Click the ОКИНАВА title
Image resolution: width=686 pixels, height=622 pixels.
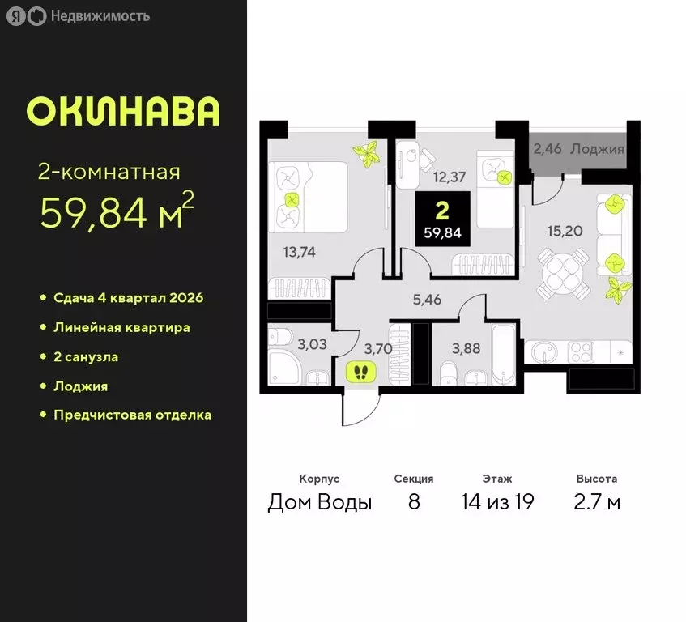pos(123,112)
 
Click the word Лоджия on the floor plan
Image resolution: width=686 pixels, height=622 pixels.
pos(597,149)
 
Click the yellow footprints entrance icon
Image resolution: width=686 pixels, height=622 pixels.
pos(362,372)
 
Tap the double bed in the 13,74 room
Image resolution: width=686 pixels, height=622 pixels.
pos(307,197)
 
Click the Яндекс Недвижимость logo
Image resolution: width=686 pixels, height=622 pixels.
pos(79,16)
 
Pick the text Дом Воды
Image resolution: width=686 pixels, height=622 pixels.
pos(320,502)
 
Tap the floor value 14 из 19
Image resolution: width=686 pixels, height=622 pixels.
pos(496,502)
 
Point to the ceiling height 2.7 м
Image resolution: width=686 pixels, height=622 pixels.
pos(597,502)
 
